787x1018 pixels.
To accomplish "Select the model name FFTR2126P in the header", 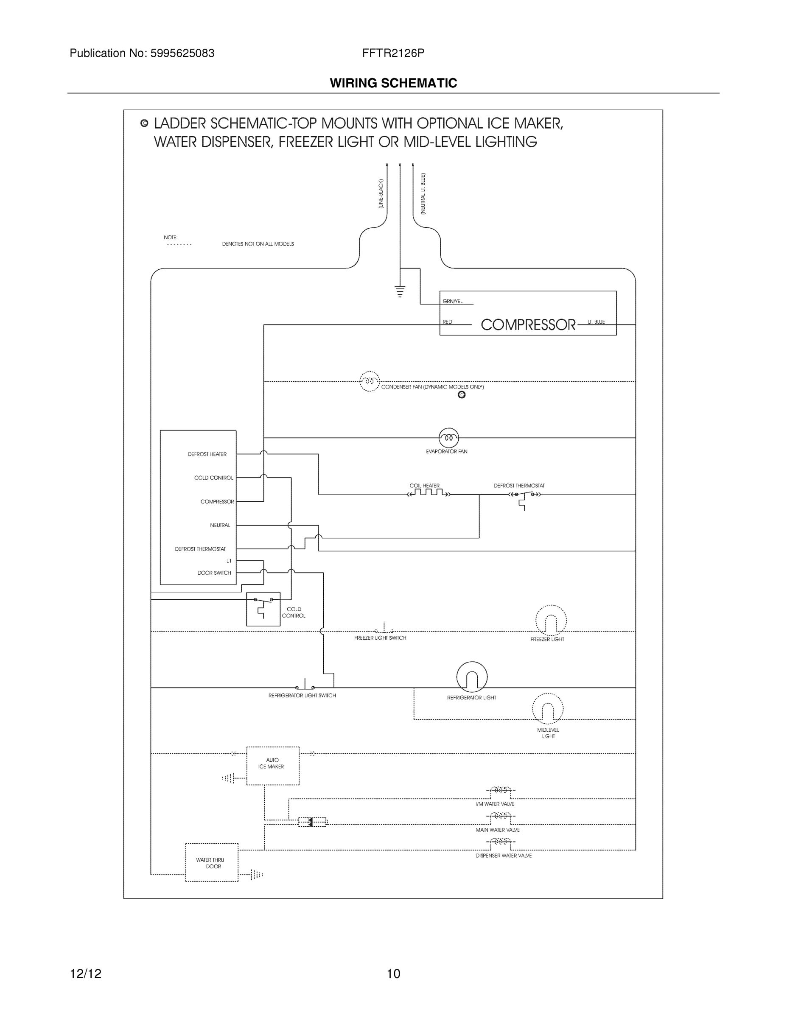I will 393,53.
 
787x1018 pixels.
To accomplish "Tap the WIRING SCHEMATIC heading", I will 393,84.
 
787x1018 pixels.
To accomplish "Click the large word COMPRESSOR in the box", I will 528,325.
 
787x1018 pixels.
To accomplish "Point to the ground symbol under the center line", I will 400,291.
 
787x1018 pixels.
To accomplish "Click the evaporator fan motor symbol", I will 448,438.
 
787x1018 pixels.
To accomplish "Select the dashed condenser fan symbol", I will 369,381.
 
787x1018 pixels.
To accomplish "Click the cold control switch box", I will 263,609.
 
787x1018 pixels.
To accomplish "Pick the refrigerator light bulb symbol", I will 472,677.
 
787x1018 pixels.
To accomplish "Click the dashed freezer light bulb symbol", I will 551,621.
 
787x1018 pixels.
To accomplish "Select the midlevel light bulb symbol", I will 547,709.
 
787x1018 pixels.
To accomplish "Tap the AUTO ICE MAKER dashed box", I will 272,765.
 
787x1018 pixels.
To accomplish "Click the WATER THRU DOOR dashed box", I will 212,862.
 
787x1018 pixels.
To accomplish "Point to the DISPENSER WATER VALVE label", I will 503,856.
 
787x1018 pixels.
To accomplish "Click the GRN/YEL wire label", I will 452,302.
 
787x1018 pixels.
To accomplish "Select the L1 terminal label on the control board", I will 228,561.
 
